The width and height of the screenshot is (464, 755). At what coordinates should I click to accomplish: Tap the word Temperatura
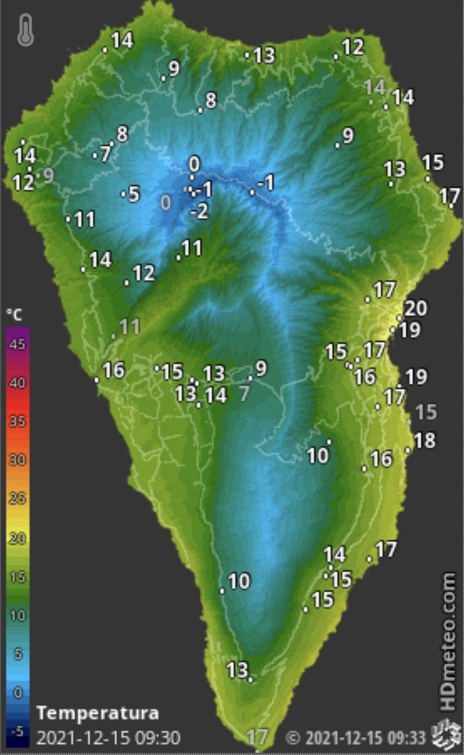point(97,713)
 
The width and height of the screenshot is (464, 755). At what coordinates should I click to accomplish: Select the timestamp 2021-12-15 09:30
point(108,738)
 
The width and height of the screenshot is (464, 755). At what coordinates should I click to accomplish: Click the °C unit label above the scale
point(14,315)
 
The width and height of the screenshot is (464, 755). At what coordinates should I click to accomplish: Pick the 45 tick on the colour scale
point(17,345)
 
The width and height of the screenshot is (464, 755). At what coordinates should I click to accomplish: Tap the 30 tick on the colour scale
point(17,460)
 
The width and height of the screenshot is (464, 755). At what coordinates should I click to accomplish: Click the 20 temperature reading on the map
point(415,308)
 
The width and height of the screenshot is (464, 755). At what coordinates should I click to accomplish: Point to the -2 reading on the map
point(199,212)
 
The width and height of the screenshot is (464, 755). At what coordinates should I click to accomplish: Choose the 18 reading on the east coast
point(424,440)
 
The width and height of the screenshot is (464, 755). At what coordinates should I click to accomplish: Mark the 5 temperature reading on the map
point(134,194)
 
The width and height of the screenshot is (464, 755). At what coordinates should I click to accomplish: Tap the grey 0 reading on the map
point(166,202)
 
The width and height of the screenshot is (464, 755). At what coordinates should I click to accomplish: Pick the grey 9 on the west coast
point(49,175)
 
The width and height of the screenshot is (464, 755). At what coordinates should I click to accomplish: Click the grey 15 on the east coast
point(426,412)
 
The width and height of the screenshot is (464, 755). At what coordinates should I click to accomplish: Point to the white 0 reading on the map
point(194,164)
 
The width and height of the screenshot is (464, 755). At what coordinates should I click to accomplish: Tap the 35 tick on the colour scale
point(17,422)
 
